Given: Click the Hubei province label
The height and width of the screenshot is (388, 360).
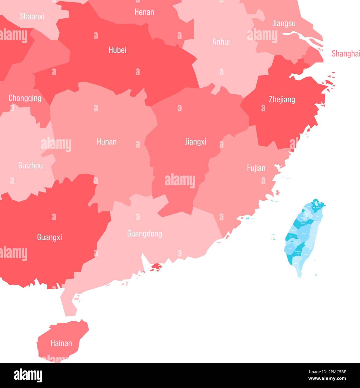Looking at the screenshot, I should (117, 50).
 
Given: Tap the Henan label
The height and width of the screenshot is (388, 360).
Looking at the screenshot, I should (144, 12).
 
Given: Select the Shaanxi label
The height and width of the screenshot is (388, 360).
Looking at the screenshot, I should (32, 16).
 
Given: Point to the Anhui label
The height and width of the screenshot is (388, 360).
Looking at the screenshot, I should (221, 42).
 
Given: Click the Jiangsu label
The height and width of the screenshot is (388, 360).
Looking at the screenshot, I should (284, 23).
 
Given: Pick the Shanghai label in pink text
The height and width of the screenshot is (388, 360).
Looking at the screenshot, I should (345, 54).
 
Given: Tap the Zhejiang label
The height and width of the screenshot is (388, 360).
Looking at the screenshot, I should (282, 99).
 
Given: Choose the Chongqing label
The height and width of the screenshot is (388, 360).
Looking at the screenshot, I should (25, 98).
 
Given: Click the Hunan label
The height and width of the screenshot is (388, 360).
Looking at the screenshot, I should (107, 142).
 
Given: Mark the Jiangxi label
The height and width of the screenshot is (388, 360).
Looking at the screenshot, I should (196, 142).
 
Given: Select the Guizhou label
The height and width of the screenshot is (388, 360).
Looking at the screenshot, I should (30, 166).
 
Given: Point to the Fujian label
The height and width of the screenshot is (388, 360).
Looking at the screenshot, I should (256, 168).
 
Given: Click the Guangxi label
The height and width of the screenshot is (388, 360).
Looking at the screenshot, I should (49, 237).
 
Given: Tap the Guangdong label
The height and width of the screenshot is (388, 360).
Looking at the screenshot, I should (145, 234).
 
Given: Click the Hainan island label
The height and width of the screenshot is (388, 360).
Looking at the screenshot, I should (61, 343).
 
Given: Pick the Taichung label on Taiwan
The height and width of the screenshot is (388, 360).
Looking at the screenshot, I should (303, 224).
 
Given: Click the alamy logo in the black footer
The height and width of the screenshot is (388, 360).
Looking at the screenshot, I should (28, 375).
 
